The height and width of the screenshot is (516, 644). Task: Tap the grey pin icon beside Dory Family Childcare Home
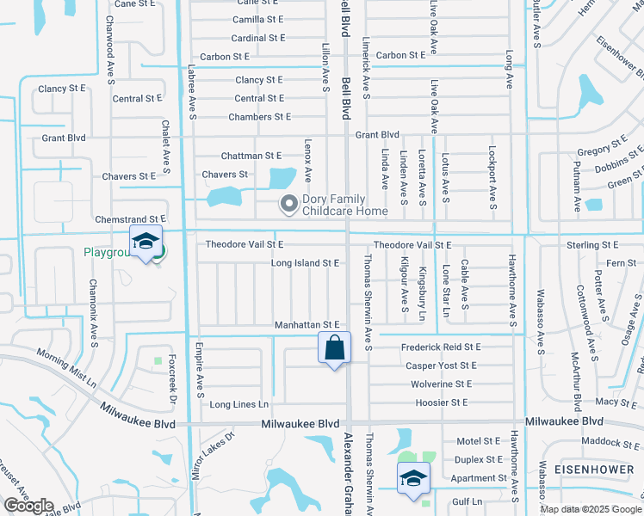tap(288, 205)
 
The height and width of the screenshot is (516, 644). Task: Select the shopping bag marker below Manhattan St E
tap(334, 349)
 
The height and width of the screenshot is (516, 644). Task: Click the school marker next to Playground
tap(146, 243)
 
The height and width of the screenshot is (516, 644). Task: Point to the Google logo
tap(28, 506)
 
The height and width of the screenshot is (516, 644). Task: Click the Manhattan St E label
tap(309, 324)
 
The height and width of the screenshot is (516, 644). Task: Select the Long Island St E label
tap(305, 263)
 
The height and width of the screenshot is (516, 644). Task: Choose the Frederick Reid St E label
tap(441, 347)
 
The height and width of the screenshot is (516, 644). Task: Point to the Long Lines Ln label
tap(239, 404)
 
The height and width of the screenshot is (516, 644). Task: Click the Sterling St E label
tap(592, 245)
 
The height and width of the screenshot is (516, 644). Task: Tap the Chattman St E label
tap(251, 156)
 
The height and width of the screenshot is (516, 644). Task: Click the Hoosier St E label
tap(439, 402)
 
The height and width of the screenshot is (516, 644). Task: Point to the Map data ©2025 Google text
tap(590, 508)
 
